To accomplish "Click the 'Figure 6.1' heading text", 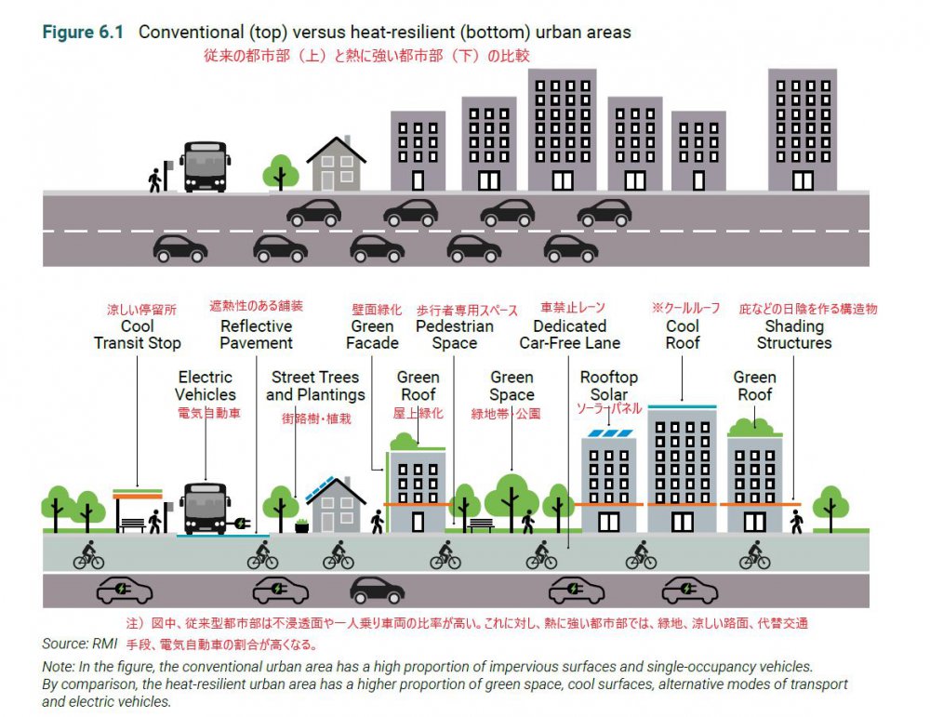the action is (x=83, y=32).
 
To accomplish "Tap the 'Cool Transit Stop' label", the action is (x=137, y=335).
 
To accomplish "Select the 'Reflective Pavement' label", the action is (x=257, y=335).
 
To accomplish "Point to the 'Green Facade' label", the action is (x=373, y=335).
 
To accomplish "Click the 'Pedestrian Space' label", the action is (x=455, y=335).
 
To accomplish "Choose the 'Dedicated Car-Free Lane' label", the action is (x=570, y=335).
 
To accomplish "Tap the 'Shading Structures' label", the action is (x=794, y=335).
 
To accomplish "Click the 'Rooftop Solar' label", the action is (x=609, y=386).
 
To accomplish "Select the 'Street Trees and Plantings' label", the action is (x=315, y=386).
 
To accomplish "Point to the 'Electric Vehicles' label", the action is (x=206, y=386).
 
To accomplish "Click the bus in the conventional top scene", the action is (x=206, y=166).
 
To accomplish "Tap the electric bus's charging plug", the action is (x=241, y=523).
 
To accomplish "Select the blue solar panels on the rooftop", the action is (x=609, y=433).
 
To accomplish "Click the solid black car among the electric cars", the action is (x=378, y=591).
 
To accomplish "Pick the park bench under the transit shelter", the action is (x=133, y=525).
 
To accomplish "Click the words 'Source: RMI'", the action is (x=79, y=644).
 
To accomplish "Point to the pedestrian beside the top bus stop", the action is (x=154, y=180).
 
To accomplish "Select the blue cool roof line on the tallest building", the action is (x=682, y=406).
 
